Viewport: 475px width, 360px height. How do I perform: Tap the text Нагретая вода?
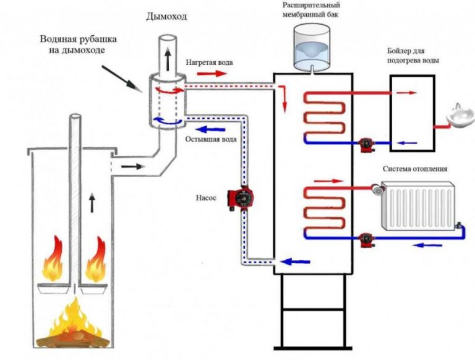210,62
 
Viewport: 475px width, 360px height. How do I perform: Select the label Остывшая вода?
210,140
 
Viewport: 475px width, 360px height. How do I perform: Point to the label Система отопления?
414,169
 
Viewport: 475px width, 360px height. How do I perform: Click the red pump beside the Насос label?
242,198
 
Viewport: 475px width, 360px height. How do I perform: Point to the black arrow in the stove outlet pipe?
130,166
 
